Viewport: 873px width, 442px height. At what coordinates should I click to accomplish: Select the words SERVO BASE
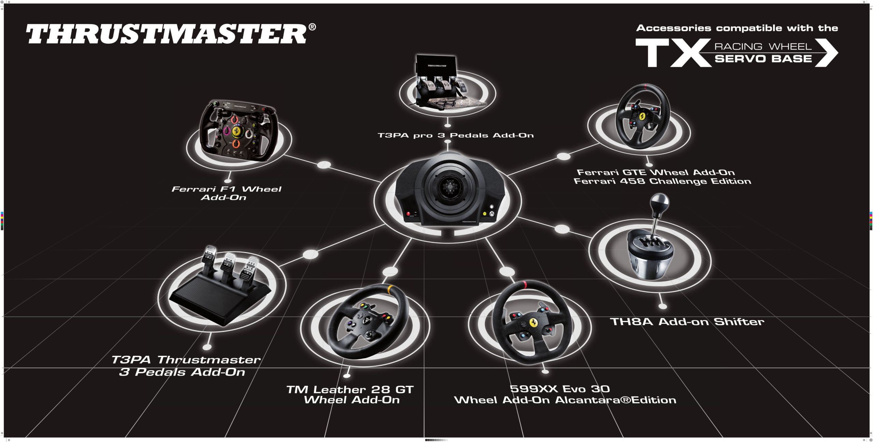coord(763,59)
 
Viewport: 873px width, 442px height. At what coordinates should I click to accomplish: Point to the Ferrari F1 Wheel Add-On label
coord(226,193)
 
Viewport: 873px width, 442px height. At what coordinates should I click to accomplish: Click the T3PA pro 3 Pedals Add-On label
coord(456,136)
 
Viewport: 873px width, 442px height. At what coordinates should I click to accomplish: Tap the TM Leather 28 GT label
coord(350,389)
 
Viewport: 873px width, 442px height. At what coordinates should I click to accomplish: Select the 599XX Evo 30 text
coord(559,389)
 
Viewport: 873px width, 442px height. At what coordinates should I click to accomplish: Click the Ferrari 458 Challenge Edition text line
coord(662,181)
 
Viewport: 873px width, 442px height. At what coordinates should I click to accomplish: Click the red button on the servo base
coord(408,214)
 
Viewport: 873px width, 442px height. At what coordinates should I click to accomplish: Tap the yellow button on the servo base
coord(485,214)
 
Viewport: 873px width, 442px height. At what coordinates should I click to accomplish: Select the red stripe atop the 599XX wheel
coord(525,284)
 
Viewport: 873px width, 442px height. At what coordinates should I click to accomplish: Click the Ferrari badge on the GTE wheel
coord(642,115)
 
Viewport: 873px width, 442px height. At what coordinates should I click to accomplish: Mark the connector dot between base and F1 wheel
coord(324,165)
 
